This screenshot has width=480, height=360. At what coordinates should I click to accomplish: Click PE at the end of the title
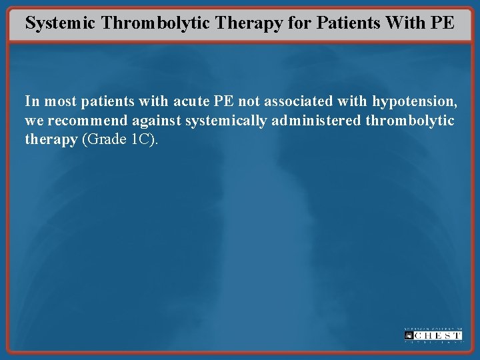[x=443, y=22]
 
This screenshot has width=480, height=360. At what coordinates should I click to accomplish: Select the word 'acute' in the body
[x=193, y=101]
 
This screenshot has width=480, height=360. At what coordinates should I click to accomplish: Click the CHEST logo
[x=433, y=335]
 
